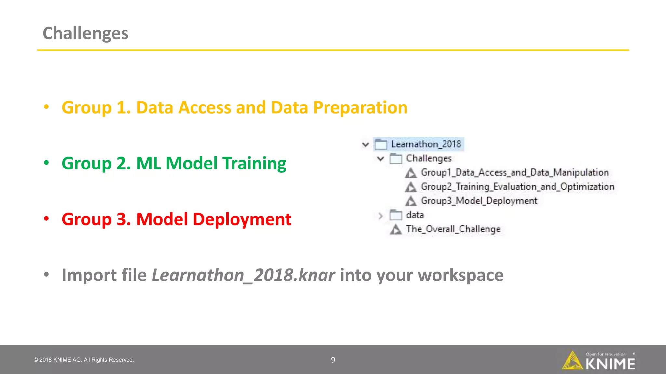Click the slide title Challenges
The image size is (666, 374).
coord(85,33)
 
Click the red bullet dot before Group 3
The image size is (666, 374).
coord(47,218)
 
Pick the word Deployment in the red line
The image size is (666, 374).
coord(242,219)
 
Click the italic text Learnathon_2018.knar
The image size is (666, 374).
coord(243,275)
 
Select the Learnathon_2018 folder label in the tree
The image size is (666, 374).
coord(426,144)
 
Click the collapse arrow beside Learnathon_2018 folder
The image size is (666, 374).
coord(366,144)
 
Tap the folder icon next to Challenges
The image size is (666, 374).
coord(396,159)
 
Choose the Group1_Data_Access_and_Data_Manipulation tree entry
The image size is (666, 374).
coord(514,172)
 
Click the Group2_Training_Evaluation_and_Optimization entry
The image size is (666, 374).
coord(517,187)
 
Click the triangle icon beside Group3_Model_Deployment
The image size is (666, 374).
coord(411,201)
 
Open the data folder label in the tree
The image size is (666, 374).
coord(415,215)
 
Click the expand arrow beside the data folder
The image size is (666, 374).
coord(381,216)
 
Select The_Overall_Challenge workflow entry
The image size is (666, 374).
coord(453,229)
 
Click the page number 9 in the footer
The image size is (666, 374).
coord(333,360)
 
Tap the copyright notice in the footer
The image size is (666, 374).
coord(84,360)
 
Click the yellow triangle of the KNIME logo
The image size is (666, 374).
coord(572,361)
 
